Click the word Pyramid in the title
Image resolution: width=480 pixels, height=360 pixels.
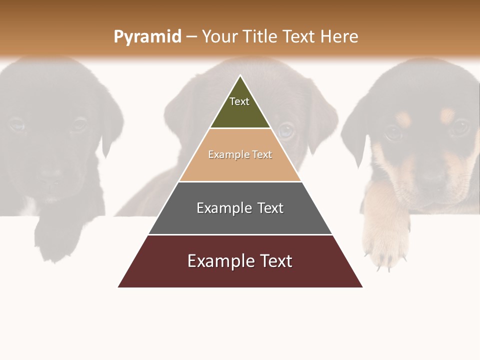[147, 37]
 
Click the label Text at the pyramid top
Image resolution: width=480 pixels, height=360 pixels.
[239, 101]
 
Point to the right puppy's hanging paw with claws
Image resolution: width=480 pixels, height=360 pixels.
[385, 240]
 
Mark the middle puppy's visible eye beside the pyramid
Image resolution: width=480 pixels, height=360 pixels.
[286, 131]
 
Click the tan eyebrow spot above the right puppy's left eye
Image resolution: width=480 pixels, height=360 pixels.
[403, 118]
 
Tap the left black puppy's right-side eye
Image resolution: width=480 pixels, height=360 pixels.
[78, 124]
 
